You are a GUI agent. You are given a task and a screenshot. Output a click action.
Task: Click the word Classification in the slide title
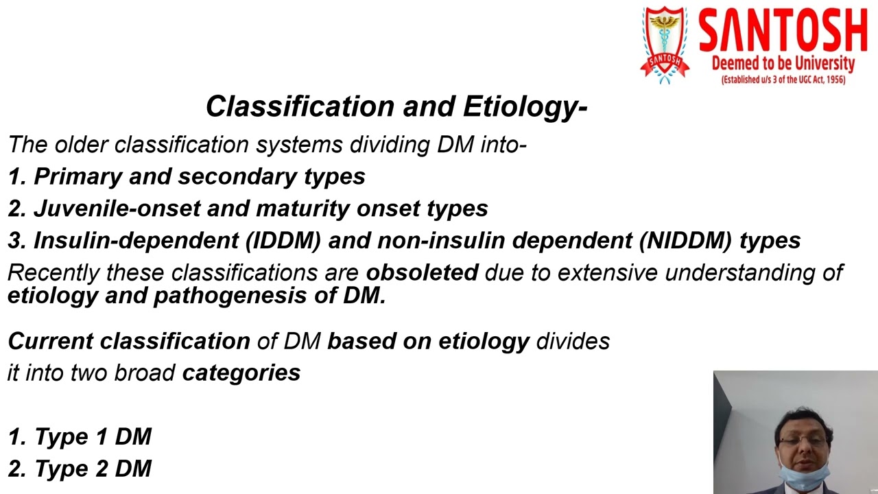click(x=300, y=107)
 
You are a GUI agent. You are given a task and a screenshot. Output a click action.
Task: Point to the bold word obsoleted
click(x=421, y=273)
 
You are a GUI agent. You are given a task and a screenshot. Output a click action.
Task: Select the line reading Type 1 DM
click(x=80, y=437)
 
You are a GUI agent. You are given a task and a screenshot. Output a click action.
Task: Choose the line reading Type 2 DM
click(x=80, y=469)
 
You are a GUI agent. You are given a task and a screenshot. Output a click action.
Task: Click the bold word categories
click(x=241, y=373)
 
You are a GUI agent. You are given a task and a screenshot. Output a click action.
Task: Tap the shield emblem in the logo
click(x=664, y=43)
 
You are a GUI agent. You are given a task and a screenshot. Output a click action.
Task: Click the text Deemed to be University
click(x=783, y=64)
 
